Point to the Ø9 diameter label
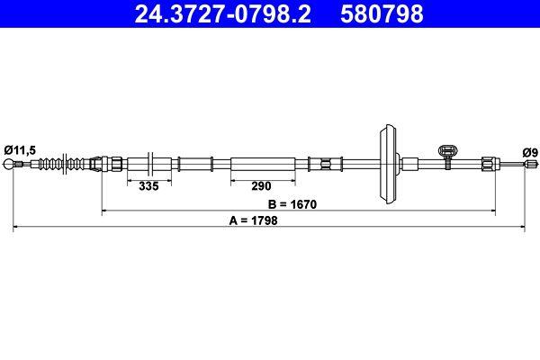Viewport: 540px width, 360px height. tap(529, 151)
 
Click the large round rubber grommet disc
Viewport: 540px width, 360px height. tap(390, 163)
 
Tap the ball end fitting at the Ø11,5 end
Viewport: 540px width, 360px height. tap(12, 164)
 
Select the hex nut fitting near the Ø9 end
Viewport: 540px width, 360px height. tap(487, 164)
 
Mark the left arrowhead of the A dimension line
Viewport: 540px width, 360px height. tap(16, 229)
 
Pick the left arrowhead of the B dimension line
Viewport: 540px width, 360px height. tap(106, 211)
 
